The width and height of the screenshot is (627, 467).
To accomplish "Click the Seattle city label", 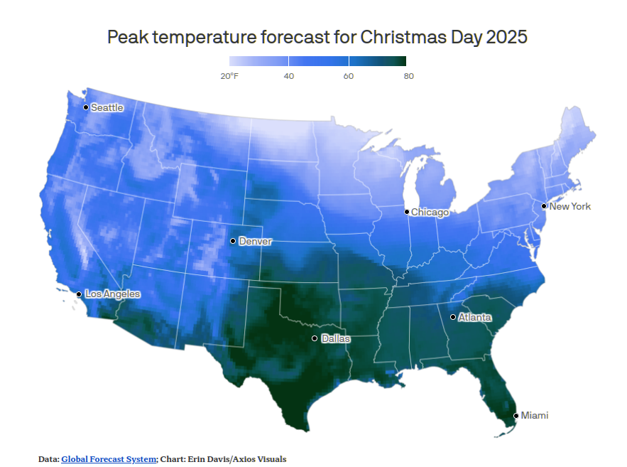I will [107, 108].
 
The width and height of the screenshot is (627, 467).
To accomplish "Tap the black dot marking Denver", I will [233, 241].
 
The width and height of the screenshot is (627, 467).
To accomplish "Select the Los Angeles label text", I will [112, 294].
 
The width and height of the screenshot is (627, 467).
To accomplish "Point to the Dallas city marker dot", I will [315, 338].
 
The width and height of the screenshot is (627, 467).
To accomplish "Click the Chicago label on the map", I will [430, 212].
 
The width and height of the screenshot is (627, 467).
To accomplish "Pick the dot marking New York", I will [544, 206].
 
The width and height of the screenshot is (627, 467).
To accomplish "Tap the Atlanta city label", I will [474, 317].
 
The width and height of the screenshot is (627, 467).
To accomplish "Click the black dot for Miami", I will [516, 415].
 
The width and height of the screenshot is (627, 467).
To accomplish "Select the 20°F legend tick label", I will [229, 76].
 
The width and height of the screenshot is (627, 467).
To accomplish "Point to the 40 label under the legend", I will [289, 76].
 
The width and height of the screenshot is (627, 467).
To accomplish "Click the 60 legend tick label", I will [348, 76].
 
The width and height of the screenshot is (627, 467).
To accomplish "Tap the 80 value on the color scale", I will [408, 76].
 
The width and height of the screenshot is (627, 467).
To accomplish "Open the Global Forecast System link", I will [109, 459].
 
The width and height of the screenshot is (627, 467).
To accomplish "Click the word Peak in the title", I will [126, 37].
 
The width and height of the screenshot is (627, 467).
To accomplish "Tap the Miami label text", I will [535, 415].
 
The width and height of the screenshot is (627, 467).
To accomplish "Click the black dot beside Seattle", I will [86, 107].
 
